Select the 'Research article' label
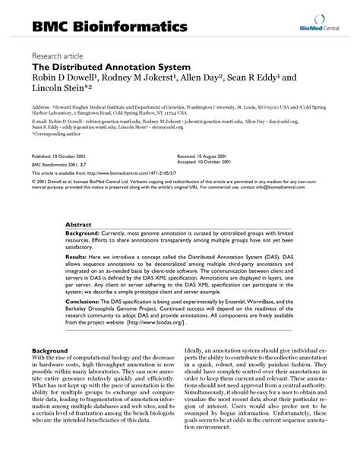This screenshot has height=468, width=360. point(59,56)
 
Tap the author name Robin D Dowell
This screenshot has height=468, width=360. point(63,79)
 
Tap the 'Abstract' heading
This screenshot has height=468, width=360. point(78,226)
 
